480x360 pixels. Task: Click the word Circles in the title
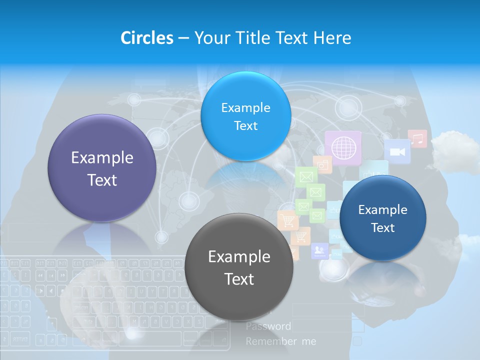point(147,37)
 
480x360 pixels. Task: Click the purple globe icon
point(343,147)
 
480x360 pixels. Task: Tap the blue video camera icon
point(397,151)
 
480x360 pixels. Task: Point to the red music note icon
point(417,138)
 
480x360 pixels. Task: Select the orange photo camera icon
point(322,164)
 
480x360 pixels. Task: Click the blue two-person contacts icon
point(319,250)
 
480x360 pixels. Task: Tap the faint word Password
point(268,326)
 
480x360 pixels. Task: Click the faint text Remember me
point(281,341)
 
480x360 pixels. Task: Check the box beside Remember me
point(357,341)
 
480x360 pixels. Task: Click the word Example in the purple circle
point(102,157)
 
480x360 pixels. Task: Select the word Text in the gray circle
point(239,279)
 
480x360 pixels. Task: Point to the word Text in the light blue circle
point(245,125)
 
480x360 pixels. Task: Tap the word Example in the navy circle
point(382,210)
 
